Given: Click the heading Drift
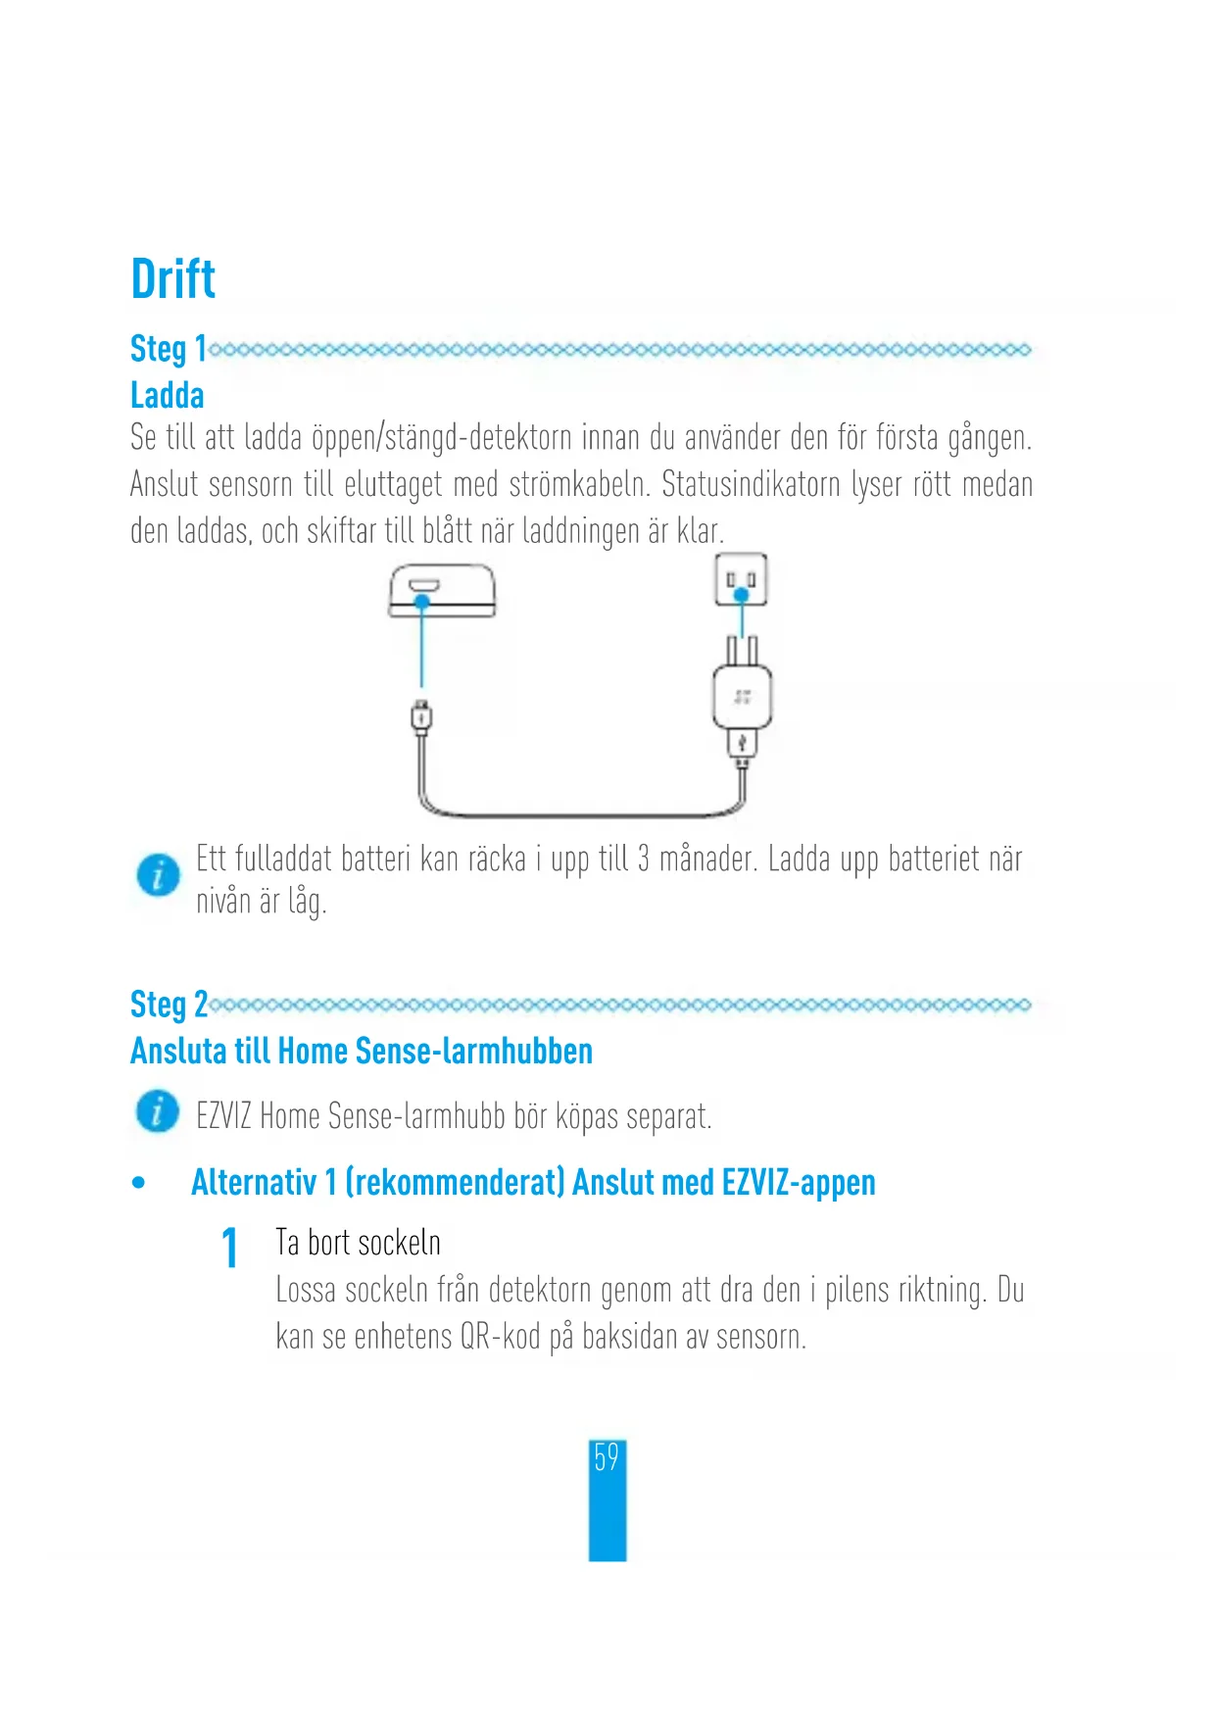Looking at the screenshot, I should [x=172, y=279].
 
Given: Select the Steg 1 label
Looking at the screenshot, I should [x=168, y=349].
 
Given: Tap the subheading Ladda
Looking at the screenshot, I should [x=167, y=395].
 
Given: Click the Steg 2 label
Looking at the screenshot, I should [x=168, y=1005].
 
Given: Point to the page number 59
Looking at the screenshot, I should [x=607, y=1458].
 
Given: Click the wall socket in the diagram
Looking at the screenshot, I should [x=741, y=579].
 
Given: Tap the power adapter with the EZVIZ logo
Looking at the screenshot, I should [x=742, y=698].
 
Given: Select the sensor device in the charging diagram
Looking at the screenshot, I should [x=442, y=590].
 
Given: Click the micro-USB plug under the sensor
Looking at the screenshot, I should [x=421, y=716].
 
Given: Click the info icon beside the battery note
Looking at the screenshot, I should [x=158, y=874].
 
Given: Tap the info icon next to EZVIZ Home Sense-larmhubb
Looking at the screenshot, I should [x=158, y=1111].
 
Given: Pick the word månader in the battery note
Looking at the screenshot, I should [x=706, y=859].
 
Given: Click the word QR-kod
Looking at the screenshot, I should [x=500, y=1337].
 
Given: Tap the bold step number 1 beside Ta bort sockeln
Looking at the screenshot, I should [x=230, y=1248].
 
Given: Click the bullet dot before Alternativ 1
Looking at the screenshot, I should [x=139, y=1183].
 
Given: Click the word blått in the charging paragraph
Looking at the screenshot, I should [x=448, y=531].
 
